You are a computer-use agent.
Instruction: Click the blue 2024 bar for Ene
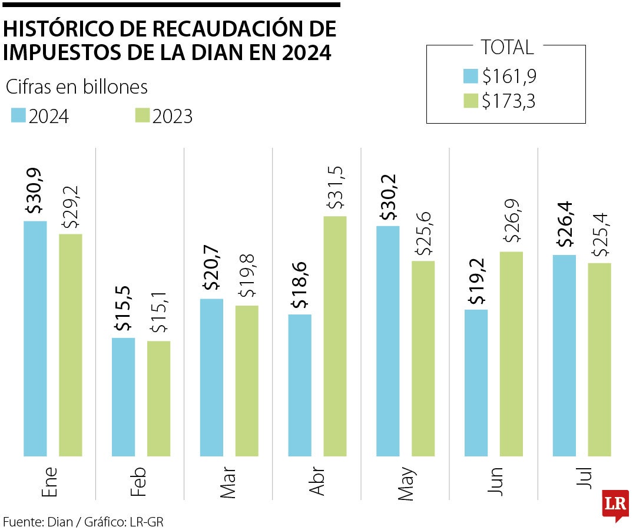(35, 339)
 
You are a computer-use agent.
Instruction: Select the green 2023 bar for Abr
(335, 336)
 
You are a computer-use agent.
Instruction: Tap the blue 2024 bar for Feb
(123, 397)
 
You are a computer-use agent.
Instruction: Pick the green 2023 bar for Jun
(511, 353)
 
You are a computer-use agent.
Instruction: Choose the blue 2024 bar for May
(387, 341)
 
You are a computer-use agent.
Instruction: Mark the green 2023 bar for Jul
(599, 359)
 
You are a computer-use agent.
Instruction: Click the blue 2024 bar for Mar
(211, 377)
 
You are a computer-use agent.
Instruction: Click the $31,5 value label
(336, 187)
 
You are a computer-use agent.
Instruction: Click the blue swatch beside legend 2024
(18, 115)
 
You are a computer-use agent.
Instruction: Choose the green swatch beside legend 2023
(142, 115)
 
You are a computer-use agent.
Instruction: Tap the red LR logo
(615, 504)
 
